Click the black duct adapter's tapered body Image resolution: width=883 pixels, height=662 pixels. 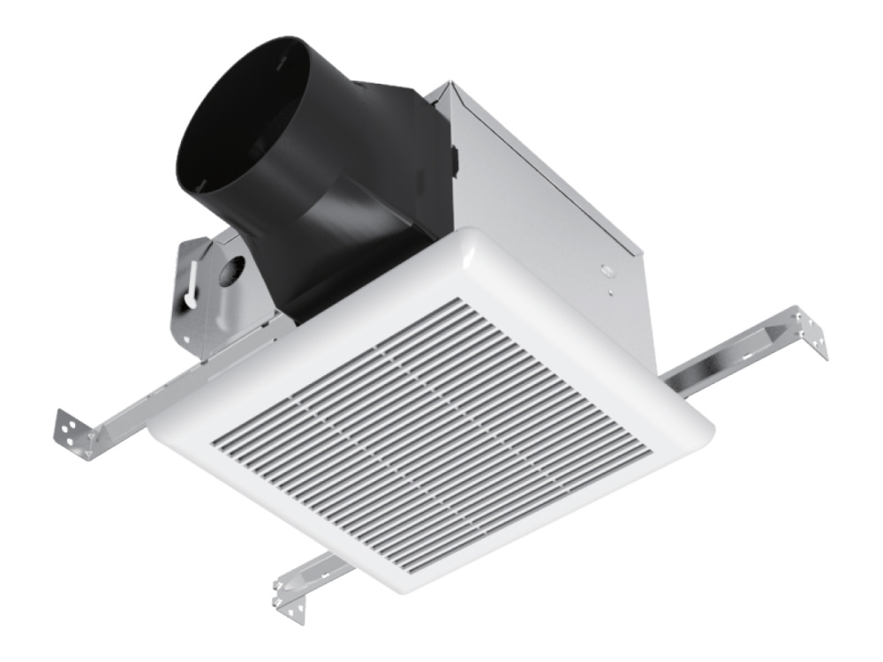click(x=353, y=221)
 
